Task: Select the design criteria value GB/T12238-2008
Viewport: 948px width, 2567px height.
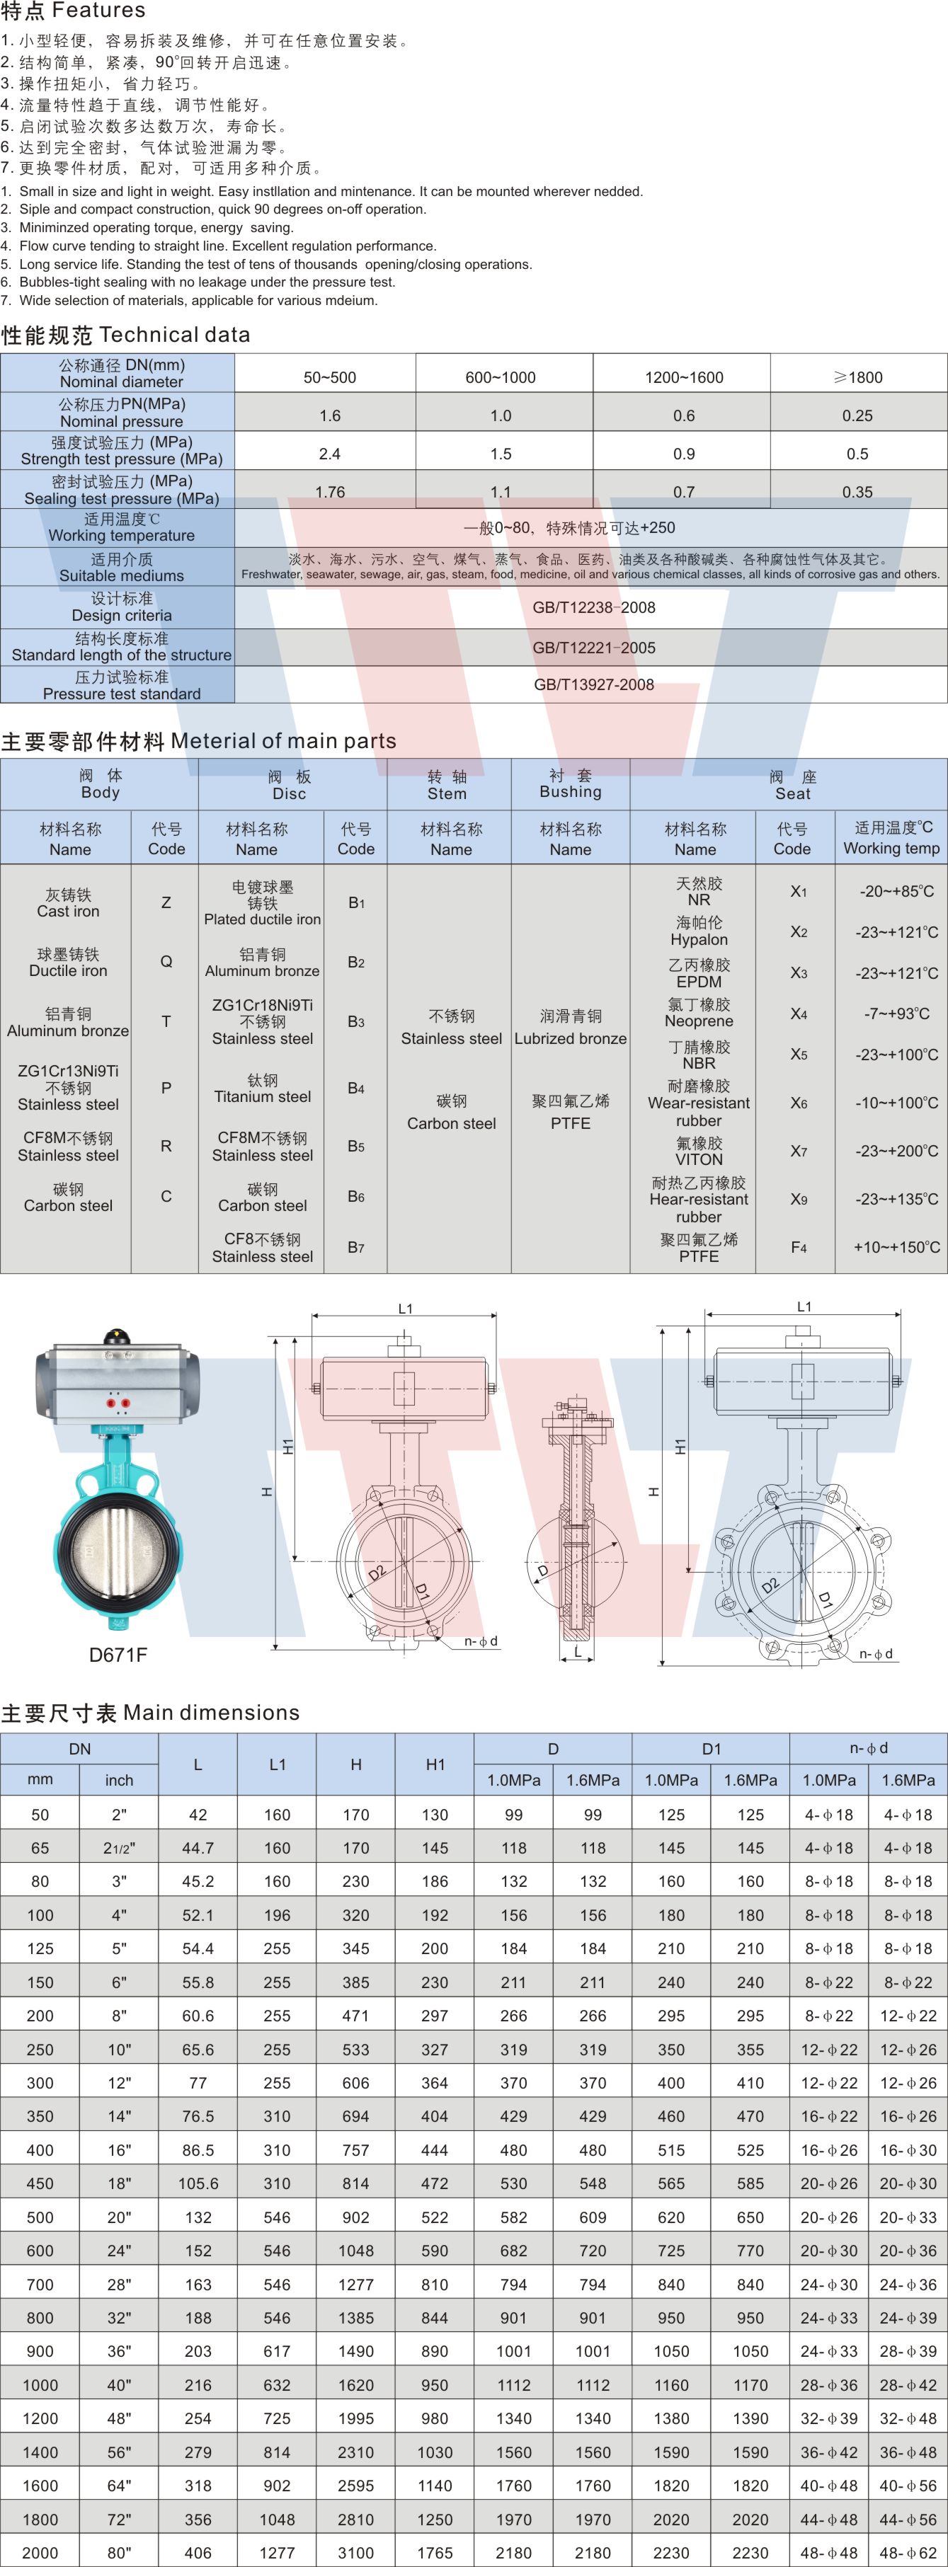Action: tap(593, 607)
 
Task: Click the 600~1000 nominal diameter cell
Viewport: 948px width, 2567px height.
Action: tap(501, 377)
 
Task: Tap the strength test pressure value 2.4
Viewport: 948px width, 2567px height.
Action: tap(329, 454)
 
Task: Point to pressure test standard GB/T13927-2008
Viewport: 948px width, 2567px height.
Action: tap(593, 684)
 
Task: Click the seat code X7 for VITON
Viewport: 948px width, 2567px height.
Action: tap(799, 1151)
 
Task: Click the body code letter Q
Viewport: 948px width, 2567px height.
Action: tap(166, 962)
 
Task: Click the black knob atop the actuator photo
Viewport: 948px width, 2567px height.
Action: tap(118, 1336)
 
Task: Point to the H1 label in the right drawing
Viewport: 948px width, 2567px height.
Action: tap(680, 1446)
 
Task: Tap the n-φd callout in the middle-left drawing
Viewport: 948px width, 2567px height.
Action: tap(481, 1641)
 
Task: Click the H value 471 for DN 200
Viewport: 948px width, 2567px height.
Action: tap(356, 2015)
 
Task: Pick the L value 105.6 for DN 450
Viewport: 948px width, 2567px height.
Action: tap(198, 2183)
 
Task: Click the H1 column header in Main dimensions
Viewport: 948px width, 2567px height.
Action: tap(435, 1764)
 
